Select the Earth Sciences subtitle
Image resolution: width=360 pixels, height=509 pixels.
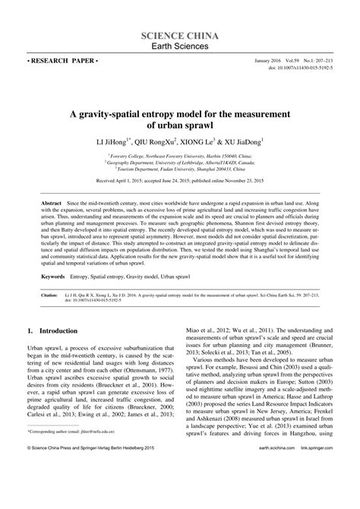point(181,49)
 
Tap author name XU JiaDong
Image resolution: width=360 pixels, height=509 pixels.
point(254,142)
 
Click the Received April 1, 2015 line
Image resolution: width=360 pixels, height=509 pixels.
point(181,182)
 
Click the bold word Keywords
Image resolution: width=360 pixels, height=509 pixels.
point(53,278)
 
